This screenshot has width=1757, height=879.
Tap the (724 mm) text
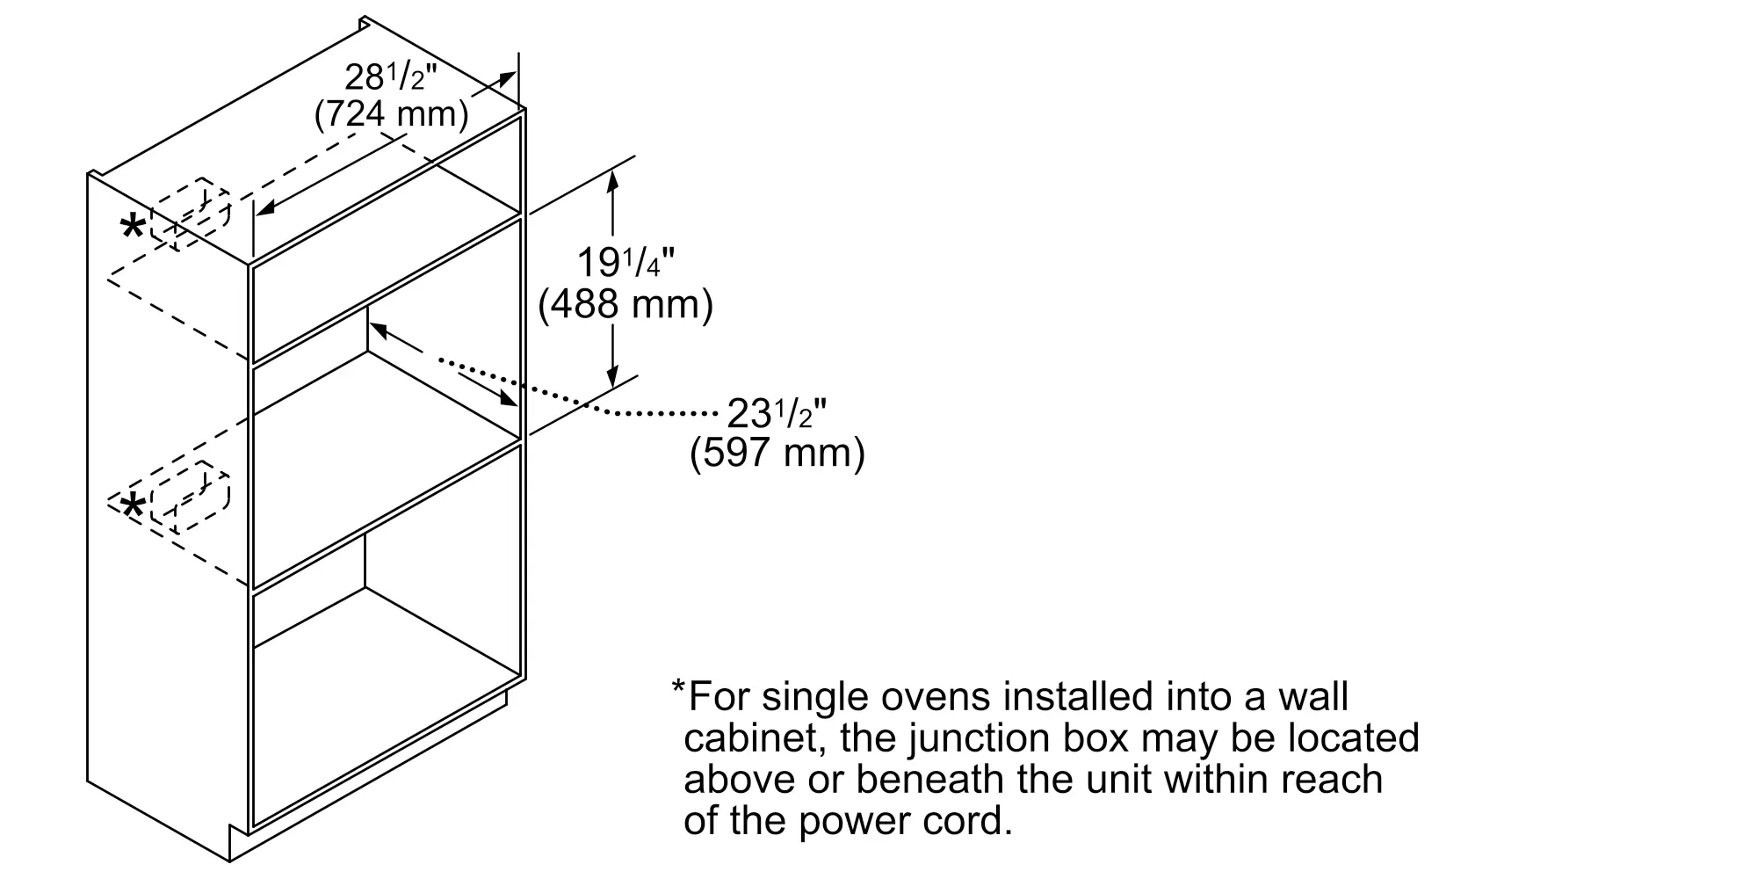point(391,114)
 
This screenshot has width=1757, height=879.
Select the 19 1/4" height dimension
point(625,263)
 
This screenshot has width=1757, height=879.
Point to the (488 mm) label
point(625,304)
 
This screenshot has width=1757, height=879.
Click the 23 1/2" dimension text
point(777,413)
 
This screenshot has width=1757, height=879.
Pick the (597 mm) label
point(777,454)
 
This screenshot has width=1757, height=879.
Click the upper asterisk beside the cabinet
point(133,229)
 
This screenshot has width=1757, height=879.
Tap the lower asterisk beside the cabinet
point(133,507)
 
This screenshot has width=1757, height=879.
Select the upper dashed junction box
point(190,214)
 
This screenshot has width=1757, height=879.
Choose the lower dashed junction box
point(190,498)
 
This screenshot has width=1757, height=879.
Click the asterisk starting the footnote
point(678,686)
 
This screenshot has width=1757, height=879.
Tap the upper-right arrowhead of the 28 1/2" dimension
point(507,79)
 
